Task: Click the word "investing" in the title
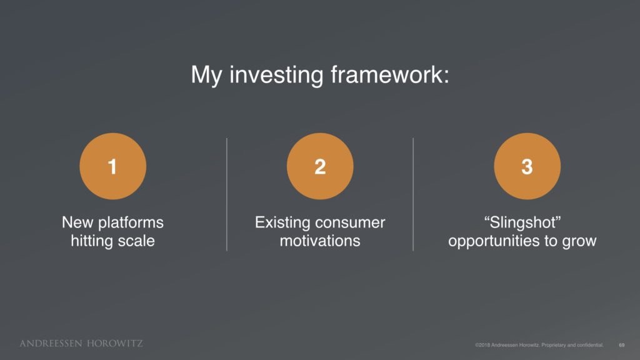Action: pos(276,75)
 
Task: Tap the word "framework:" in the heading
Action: pos(390,74)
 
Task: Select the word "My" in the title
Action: pos(206,76)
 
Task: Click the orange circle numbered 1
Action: pos(112,166)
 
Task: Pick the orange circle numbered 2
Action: pos(320,166)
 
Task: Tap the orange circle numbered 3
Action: pos(527,166)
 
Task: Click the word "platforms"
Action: pos(131,223)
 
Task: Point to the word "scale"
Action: pos(134,241)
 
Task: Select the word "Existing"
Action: pos(282,223)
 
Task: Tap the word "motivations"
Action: pos(320,241)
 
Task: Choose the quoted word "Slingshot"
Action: pos(522,223)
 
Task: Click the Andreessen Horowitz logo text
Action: pos(81,343)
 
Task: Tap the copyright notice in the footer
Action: pos(539,345)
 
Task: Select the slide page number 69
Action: pos(622,345)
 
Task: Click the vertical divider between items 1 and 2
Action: pos(226,194)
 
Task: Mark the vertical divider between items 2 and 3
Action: pos(413,194)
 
